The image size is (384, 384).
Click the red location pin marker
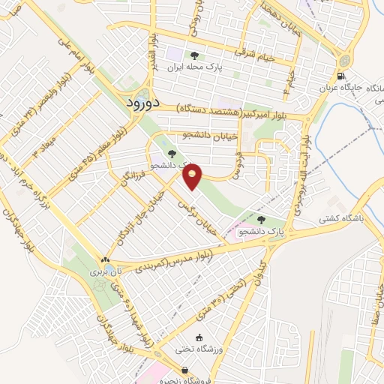[x=193, y=175]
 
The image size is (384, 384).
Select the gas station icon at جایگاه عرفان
[x=342, y=75]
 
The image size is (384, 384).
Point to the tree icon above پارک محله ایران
[x=195, y=55]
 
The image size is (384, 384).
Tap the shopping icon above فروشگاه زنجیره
[x=184, y=370]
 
